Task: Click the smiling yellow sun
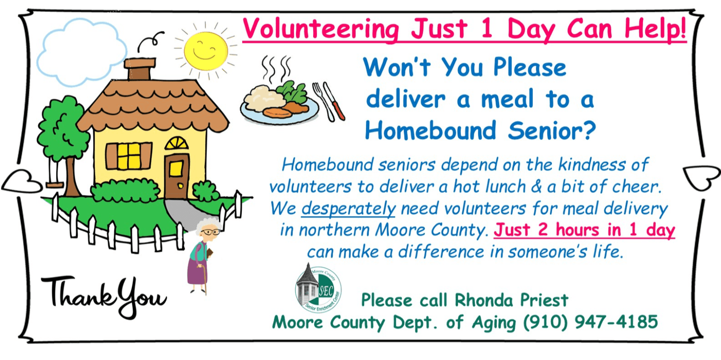click(206, 50)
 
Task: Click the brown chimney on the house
click(140, 68)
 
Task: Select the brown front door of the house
click(177, 176)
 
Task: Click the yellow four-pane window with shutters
click(129, 156)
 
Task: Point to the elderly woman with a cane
click(203, 256)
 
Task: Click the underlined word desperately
click(349, 209)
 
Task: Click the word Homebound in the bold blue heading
click(430, 130)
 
